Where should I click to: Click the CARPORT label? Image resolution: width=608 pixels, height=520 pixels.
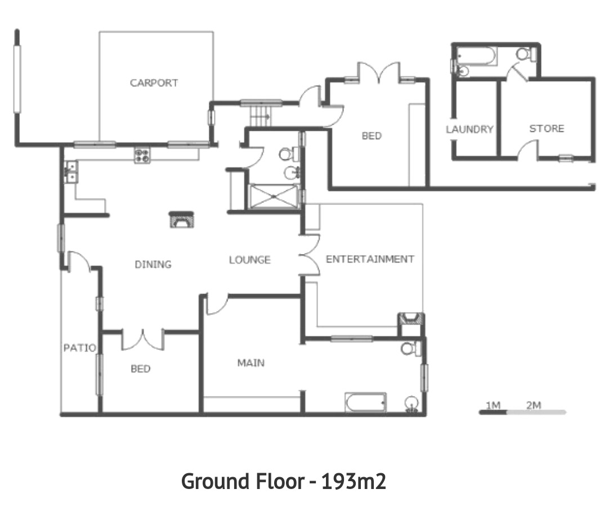point(154,83)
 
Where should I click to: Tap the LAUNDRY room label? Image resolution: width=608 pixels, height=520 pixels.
point(469,129)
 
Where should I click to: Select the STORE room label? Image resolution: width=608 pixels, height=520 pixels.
point(547,128)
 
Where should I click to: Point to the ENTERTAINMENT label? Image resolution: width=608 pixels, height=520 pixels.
point(370,259)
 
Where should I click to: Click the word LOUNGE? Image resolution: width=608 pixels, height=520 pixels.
point(250,260)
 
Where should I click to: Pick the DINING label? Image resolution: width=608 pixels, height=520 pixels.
point(153,264)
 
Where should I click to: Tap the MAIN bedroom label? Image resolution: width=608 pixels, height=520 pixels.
point(251,363)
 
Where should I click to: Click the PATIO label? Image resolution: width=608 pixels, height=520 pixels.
point(80,348)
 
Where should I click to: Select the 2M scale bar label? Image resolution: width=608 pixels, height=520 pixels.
point(534,405)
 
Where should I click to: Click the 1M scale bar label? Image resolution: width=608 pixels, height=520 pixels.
point(493,405)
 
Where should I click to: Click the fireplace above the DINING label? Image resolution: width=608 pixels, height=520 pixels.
point(181,220)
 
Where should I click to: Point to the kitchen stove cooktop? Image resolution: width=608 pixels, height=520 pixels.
point(142,156)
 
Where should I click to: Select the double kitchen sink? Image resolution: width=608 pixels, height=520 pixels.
point(71,172)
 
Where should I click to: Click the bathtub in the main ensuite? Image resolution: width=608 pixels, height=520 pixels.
point(365,403)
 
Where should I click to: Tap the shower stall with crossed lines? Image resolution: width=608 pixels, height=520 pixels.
point(274,197)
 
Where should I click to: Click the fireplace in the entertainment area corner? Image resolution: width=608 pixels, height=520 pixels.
point(411,319)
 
